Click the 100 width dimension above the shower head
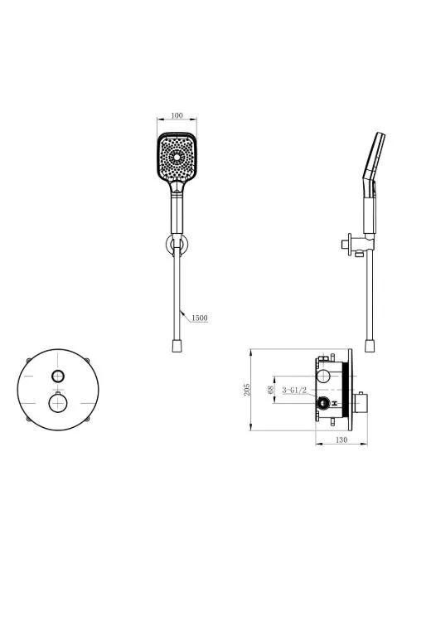point(177,115)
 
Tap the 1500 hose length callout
point(200,318)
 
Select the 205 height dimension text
point(247,390)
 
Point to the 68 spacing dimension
point(271,390)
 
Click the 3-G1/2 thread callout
point(294,391)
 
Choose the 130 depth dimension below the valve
point(341,440)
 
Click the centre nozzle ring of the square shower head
point(177,158)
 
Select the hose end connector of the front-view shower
point(177,345)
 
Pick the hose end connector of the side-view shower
point(370,345)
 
